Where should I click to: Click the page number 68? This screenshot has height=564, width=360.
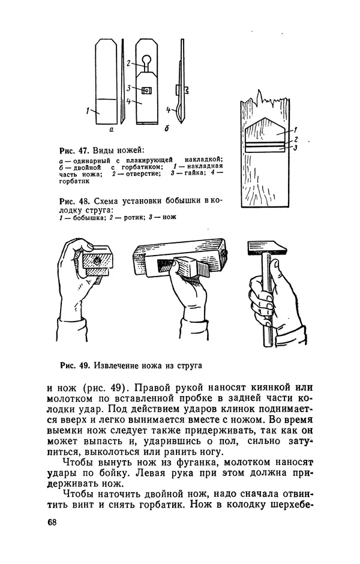click(x=52, y=522)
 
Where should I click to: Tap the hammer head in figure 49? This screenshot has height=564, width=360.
click(x=267, y=247)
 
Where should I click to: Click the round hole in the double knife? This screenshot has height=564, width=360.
click(x=147, y=59)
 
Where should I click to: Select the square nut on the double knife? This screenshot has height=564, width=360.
click(x=145, y=90)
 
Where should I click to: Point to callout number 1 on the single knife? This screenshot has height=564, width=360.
click(x=88, y=111)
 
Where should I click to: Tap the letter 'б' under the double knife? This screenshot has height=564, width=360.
click(x=167, y=128)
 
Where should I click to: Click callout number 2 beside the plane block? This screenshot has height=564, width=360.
click(x=296, y=139)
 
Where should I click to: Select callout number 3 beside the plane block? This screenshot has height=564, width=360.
click(x=295, y=148)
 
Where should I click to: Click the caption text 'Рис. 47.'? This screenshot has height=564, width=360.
click(x=74, y=149)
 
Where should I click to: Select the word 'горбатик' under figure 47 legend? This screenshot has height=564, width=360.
click(x=74, y=181)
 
